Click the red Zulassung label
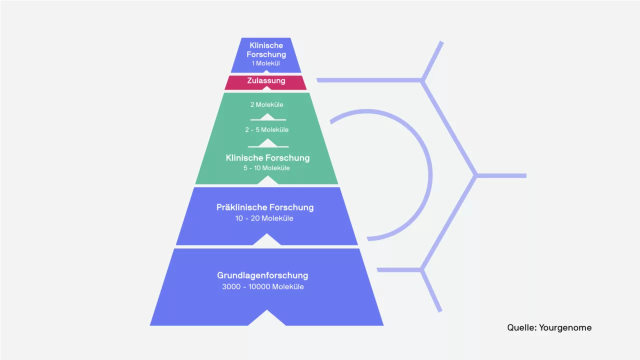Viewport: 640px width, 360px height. pyautogui.click(x=266, y=81)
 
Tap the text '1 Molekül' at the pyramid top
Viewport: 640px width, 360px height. pyautogui.click(x=265, y=63)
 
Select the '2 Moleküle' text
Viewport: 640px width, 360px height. pyautogui.click(x=267, y=105)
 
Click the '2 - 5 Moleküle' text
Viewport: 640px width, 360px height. pyautogui.click(x=267, y=129)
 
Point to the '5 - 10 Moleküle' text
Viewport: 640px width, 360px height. pyautogui.click(x=266, y=168)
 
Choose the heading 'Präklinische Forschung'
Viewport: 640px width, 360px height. pyautogui.click(x=265, y=207)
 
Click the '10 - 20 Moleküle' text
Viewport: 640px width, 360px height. pyautogui.click(x=264, y=218)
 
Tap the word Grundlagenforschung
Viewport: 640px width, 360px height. pyautogui.click(x=262, y=275)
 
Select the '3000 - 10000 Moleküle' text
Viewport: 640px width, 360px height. pyautogui.click(x=263, y=286)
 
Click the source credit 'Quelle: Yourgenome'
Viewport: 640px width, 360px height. pyautogui.click(x=549, y=327)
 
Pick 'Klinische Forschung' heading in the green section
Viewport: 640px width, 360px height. pyautogui.click(x=267, y=158)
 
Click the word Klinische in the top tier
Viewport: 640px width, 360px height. pyautogui.click(x=266, y=45)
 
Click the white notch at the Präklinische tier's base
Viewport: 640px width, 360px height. pyautogui.click(x=267, y=239)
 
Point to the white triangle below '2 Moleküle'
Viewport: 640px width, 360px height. pyautogui.click(x=267, y=117)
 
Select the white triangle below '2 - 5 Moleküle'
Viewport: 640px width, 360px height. pyautogui.click(x=267, y=143)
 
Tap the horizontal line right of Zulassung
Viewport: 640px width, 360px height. pyautogui.click(x=369, y=80)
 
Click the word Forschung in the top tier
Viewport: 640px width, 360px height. pyautogui.click(x=266, y=54)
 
